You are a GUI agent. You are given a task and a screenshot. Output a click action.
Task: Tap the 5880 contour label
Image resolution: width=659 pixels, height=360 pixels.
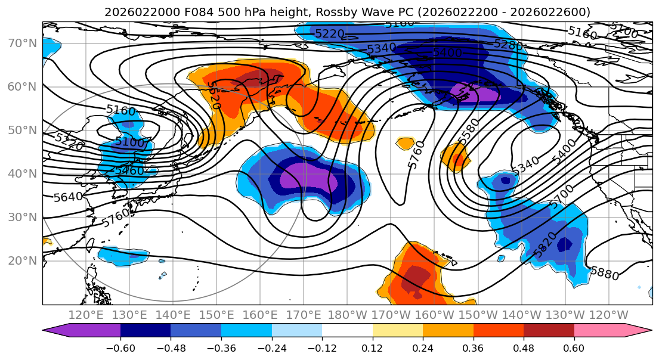click(x=604, y=274)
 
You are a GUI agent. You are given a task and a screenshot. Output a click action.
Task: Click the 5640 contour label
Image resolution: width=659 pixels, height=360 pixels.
click(x=68, y=196)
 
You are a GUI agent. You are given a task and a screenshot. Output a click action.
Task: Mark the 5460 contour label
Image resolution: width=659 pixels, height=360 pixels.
click(x=128, y=170)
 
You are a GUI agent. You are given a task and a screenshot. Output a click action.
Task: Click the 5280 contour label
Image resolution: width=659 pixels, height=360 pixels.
click(x=508, y=45)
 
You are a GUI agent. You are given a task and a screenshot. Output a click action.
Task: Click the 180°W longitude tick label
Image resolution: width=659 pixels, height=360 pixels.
click(x=346, y=315)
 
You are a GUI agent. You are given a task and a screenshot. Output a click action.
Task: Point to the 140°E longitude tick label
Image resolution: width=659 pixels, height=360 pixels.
click(x=172, y=315)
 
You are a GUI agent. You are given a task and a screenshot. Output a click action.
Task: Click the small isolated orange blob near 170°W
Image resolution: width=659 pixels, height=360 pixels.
click(x=406, y=143)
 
